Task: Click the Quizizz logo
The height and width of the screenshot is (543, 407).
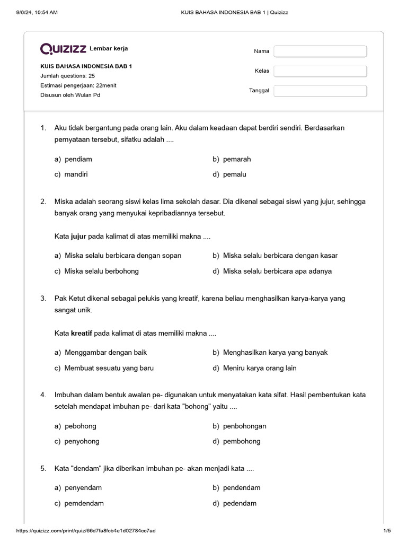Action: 63,49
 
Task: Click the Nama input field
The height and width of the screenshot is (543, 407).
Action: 320,51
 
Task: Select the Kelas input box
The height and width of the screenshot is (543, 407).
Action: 320,71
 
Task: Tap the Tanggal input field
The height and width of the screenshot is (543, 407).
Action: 320,91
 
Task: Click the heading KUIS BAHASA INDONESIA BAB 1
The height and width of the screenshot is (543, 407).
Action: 86,66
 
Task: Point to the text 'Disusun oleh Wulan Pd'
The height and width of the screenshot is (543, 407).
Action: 70,95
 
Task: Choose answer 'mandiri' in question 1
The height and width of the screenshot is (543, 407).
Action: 76,174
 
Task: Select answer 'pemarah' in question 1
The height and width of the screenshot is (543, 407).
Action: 237,159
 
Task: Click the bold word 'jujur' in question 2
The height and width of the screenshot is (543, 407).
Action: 78,237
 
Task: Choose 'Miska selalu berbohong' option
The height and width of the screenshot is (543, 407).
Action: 101,271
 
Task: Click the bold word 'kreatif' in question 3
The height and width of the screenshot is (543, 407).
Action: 82,334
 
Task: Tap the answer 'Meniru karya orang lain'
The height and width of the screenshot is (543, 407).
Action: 260,368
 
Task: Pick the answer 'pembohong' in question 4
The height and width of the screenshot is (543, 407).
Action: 242,441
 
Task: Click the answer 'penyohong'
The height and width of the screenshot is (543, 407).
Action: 82,441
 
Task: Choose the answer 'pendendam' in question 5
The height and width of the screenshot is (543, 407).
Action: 242,488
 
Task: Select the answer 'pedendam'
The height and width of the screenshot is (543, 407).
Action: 240,503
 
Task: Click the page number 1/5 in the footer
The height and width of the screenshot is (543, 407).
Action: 386,531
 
